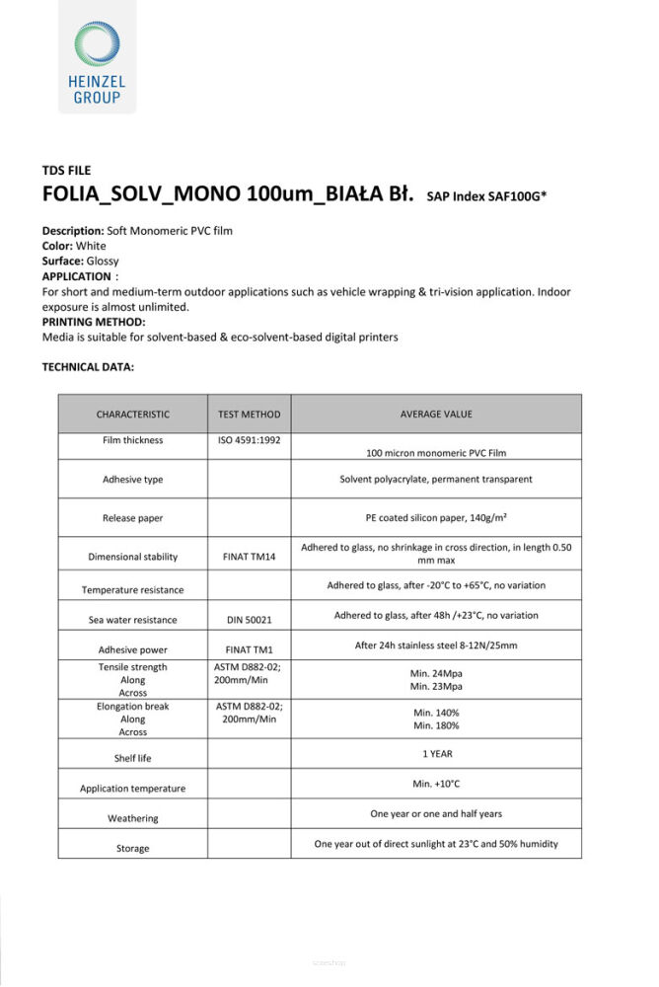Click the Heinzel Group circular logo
point(96,46)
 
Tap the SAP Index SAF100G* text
point(486,196)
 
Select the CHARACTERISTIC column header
point(132,415)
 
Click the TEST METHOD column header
point(249,415)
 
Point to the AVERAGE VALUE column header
point(435,415)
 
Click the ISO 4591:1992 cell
point(249,440)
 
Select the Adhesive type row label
point(132,480)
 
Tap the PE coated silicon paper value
point(435,516)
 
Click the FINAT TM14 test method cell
point(249,557)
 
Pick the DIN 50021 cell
point(249,620)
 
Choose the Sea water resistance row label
point(132,620)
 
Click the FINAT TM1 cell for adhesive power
point(249,649)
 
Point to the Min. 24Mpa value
point(435,673)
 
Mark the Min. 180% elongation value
point(435,725)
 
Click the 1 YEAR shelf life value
point(435,753)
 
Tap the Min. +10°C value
point(435,784)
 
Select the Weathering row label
point(132,818)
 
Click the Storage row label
point(132,848)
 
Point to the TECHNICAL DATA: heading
point(88,367)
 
